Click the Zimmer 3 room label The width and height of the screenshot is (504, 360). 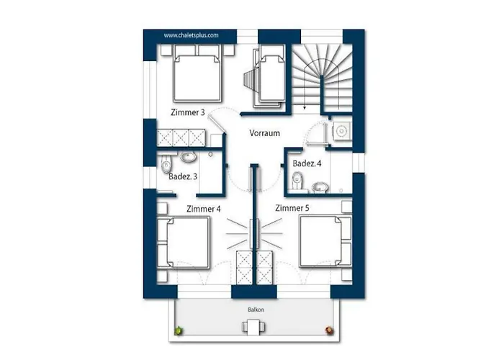(x=188, y=112)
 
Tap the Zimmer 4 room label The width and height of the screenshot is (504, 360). (x=204, y=210)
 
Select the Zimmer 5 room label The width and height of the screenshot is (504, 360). (x=292, y=208)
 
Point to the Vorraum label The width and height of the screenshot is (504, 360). (x=264, y=133)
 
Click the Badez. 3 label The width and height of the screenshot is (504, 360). (x=183, y=176)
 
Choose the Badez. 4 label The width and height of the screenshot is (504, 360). (x=307, y=163)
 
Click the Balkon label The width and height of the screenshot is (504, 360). (x=256, y=310)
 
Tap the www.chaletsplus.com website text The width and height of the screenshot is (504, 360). (x=191, y=35)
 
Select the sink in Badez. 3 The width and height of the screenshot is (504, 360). (x=189, y=157)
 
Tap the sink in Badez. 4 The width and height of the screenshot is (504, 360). (x=320, y=186)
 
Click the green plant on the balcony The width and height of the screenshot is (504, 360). (x=179, y=330)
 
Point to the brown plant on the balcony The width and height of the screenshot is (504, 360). (x=329, y=330)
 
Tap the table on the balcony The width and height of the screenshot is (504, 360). (x=253, y=327)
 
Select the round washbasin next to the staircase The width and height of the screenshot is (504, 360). (x=341, y=131)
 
